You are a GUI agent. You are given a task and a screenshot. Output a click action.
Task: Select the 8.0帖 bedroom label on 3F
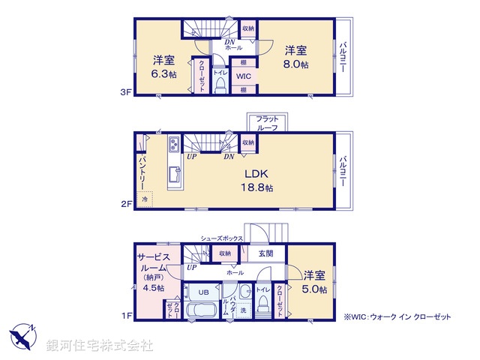pyautogui.click(x=295, y=57)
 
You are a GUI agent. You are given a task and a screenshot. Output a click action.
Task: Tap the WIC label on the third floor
pyautogui.click(x=244, y=76)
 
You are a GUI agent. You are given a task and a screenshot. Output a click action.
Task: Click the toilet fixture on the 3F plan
pyautogui.click(x=220, y=86)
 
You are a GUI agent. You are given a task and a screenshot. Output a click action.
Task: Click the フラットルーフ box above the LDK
pyautogui.click(x=266, y=124)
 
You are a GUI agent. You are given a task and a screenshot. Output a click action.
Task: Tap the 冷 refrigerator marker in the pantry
pyautogui.click(x=145, y=199)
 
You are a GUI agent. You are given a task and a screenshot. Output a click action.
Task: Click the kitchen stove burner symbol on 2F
pyautogui.click(x=172, y=143)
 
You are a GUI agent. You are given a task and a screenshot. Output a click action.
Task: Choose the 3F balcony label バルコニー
pyautogui.click(x=343, y=57)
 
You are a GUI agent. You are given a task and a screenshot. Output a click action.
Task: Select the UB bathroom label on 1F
pyautogui.click(x=203, y=292)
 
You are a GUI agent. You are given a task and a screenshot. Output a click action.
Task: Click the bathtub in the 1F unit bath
pyautogui.click(x=200, y=311)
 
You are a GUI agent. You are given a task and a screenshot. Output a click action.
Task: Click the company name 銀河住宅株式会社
pyautogui.click(x=100, y=346)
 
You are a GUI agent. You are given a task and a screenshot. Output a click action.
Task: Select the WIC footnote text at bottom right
pyautogui.click(x=397, y=317)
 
